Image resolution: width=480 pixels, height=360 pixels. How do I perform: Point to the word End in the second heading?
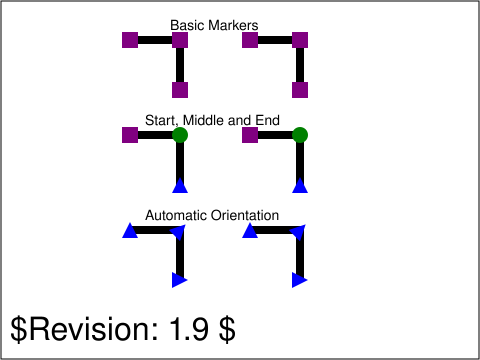coord(267,120)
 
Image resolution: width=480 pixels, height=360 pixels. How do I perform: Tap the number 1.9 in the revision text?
coord(189,329)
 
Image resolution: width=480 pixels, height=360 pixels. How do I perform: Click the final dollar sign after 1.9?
coord(227,329)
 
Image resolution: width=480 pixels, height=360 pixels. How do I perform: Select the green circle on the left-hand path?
coord(180,135)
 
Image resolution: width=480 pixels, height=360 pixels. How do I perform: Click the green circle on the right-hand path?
coord(300,135)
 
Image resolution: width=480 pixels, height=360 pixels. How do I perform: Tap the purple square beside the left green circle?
coord(130,135)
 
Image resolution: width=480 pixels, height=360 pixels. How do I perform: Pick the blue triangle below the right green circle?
coord(300,185)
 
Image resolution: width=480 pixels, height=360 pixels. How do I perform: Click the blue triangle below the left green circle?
coord(180,185)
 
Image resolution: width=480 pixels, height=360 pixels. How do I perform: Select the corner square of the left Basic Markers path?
coord(180,40)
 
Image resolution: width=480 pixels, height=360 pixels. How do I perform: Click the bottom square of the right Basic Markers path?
coord(300,90)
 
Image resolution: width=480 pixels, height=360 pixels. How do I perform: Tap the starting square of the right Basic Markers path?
coord(250,40)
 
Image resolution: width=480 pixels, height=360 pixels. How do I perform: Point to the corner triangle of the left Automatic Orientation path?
coord(179,232)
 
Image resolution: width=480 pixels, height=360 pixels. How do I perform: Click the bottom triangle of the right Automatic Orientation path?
coord(299,280)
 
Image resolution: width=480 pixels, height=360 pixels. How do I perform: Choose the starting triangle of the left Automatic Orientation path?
coord(130,231)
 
